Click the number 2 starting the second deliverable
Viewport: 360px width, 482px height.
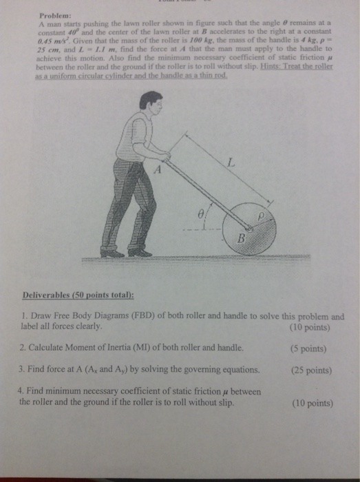21,347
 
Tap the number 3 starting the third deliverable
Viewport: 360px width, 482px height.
21,370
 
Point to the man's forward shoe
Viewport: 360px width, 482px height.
140,253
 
